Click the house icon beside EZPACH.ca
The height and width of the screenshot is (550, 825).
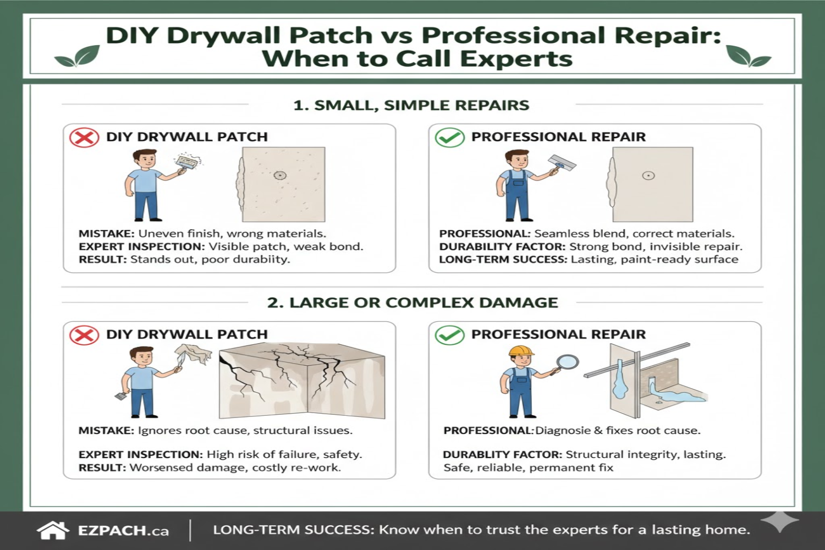(53, 530)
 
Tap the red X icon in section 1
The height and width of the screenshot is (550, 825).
(84, 137)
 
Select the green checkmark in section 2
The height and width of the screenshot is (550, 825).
(449, 334)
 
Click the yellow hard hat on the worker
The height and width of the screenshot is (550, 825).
(521, 351)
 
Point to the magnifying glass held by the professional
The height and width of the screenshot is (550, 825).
(567, 362)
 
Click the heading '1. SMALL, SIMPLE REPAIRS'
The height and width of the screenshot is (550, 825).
(411, 105)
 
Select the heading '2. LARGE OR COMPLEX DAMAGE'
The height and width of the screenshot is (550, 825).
(413, 302)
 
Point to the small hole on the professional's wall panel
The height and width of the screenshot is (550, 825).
(648, 176)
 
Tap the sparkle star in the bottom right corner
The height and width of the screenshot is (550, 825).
(780, 521)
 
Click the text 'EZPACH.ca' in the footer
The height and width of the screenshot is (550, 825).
(123, 531)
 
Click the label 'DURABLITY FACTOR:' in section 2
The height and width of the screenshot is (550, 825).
(502, 454)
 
